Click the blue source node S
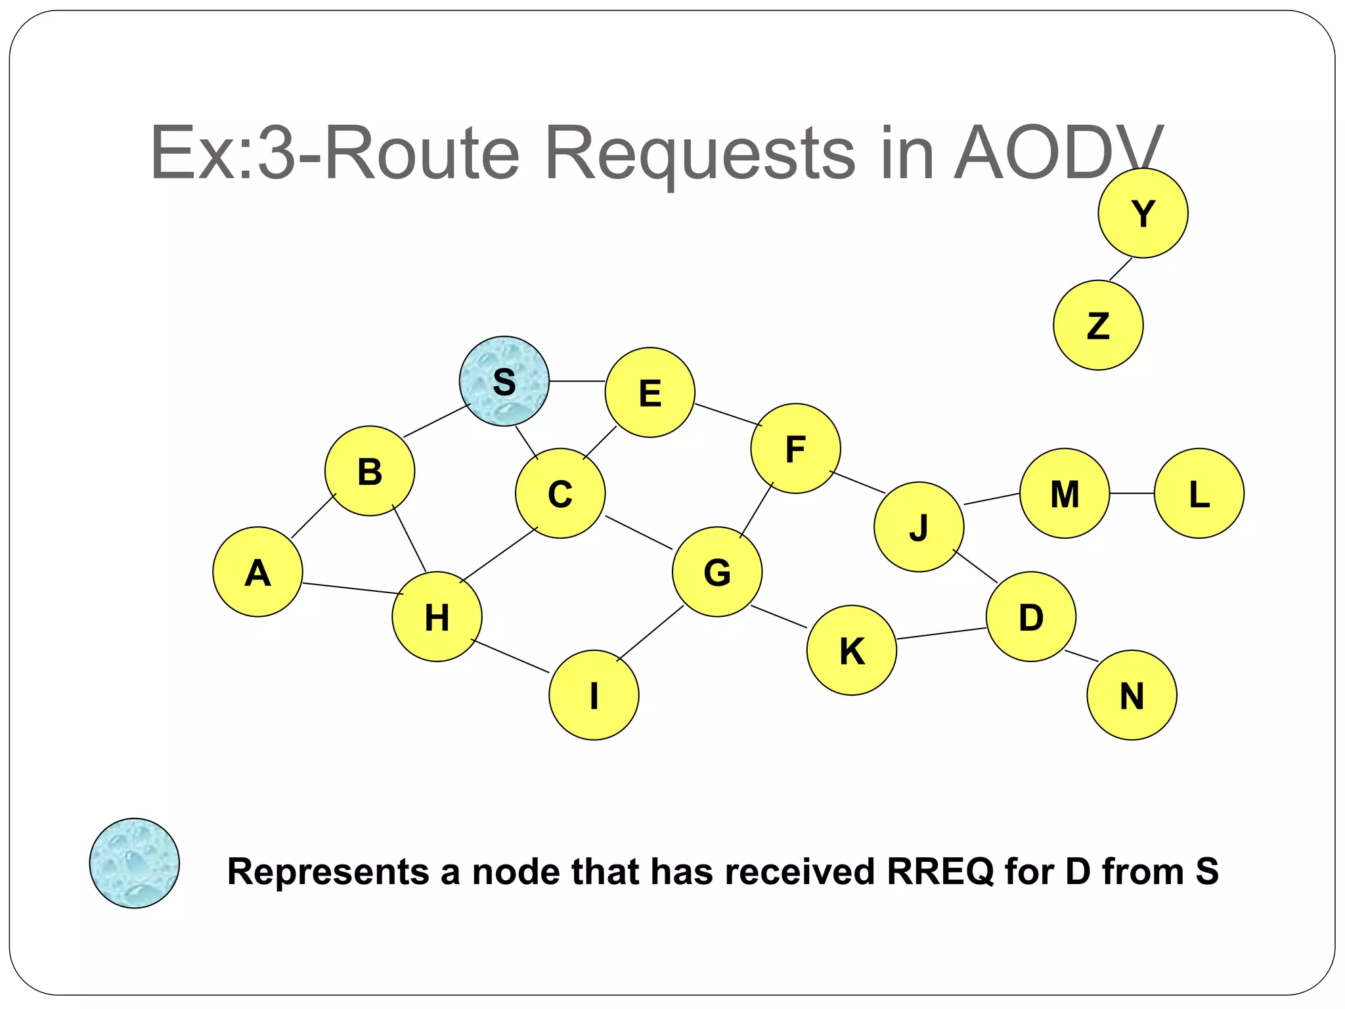(x=504, y=381)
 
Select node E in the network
(x=650, y=392)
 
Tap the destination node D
(x=1030, y=616)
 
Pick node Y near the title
(x=1143, y=213)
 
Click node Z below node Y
(x=1097, y=325)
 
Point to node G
(x=717, y=572)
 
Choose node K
(x=851, y=650)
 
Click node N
(x=1132, y=695)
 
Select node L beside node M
(x=1199, y=493)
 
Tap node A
(x=257, y=572)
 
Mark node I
(x=594, y=695)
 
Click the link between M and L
(x=1132, y=493)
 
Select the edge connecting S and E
(x=577, y=381)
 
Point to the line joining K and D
(x=940, y=633)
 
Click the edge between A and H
(x=353, y=589)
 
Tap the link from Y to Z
(x=1120, y=269)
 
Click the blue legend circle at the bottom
(x=134, y=863)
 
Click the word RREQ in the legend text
(x=940, y=872)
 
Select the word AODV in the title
(x=1057, y=154)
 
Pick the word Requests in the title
(x=700, y=154)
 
